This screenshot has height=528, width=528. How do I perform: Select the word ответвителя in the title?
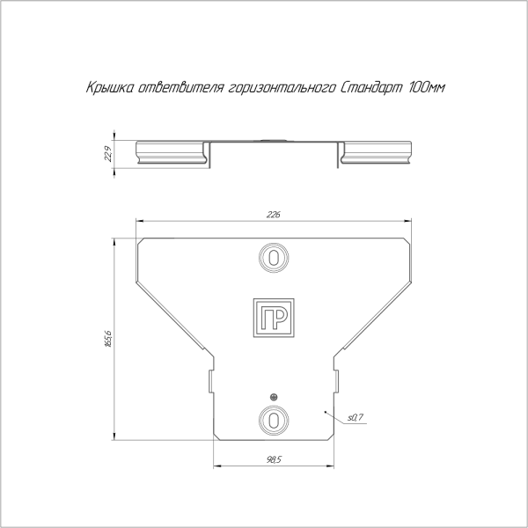pos(182,87)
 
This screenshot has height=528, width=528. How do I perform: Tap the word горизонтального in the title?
pos(282,88)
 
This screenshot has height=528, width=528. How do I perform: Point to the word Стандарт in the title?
pos(371,88)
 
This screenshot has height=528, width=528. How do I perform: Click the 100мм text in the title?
pos(427,87)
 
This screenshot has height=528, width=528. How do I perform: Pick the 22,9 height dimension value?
pos(108,154)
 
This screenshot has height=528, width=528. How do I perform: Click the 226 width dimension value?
pos(273,215)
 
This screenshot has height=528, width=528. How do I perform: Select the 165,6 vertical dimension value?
pos(108,339)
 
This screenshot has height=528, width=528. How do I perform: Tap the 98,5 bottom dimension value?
pos(274,459)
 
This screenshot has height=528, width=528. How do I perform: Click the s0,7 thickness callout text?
pos(356,417)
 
